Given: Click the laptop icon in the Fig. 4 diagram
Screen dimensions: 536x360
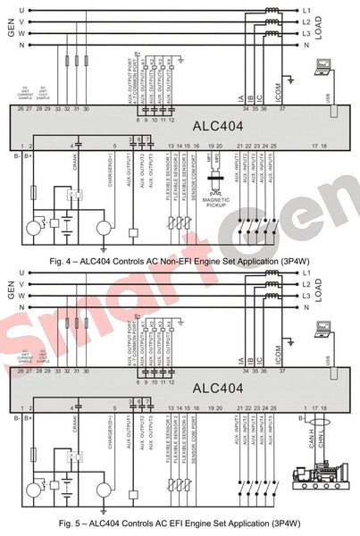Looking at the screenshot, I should [323, 66].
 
